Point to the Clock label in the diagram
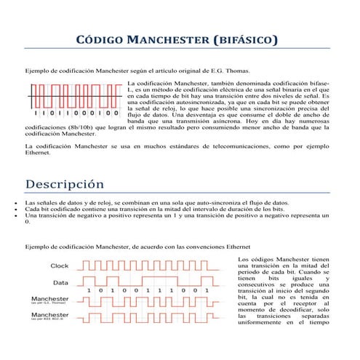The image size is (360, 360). pos(60,265)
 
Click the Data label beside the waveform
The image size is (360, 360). pos(61,283)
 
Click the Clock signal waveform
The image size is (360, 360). pos(156,265)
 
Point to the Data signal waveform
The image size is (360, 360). pos(156,281)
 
